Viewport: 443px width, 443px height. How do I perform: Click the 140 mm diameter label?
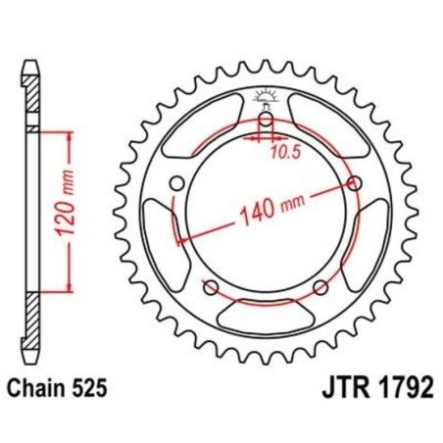265,209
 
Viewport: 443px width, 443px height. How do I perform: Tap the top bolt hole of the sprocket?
266,121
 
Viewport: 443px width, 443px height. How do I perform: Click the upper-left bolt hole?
176,183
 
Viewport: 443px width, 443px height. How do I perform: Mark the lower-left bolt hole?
210,286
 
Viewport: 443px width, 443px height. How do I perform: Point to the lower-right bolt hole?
320,286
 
